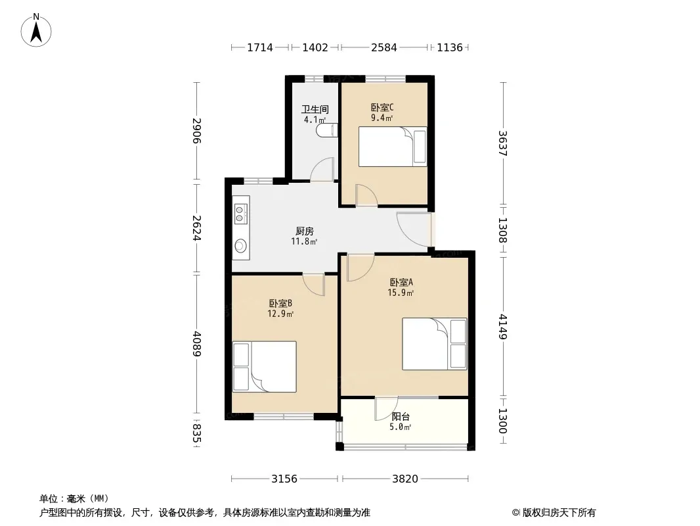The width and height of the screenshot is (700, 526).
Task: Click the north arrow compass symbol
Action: click(36, 30)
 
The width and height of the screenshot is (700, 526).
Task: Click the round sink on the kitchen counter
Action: click(241, 245)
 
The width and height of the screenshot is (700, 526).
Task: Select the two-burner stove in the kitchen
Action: click(240, 214)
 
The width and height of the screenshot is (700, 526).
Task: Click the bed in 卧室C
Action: click(393, 147)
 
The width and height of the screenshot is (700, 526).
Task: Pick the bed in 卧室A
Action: click(434, 344)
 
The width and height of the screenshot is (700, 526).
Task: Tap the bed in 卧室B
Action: click(264, 366)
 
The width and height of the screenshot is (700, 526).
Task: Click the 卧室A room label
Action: click(401, 283)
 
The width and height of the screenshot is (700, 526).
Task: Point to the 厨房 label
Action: click(305, 231)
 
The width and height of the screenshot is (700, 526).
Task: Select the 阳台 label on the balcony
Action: click(401, 416)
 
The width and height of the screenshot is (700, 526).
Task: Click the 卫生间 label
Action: click(315, 109)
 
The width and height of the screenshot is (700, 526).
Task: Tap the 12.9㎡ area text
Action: click(280, 314)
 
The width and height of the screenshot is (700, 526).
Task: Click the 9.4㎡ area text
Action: click(382, 118)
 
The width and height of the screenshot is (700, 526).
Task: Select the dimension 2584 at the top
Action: click(384, 47)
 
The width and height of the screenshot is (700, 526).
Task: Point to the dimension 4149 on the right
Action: click(503, 327)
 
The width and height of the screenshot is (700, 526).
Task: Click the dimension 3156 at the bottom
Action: click(284, 479)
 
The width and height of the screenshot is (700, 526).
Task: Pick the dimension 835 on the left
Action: click(196, 433)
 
